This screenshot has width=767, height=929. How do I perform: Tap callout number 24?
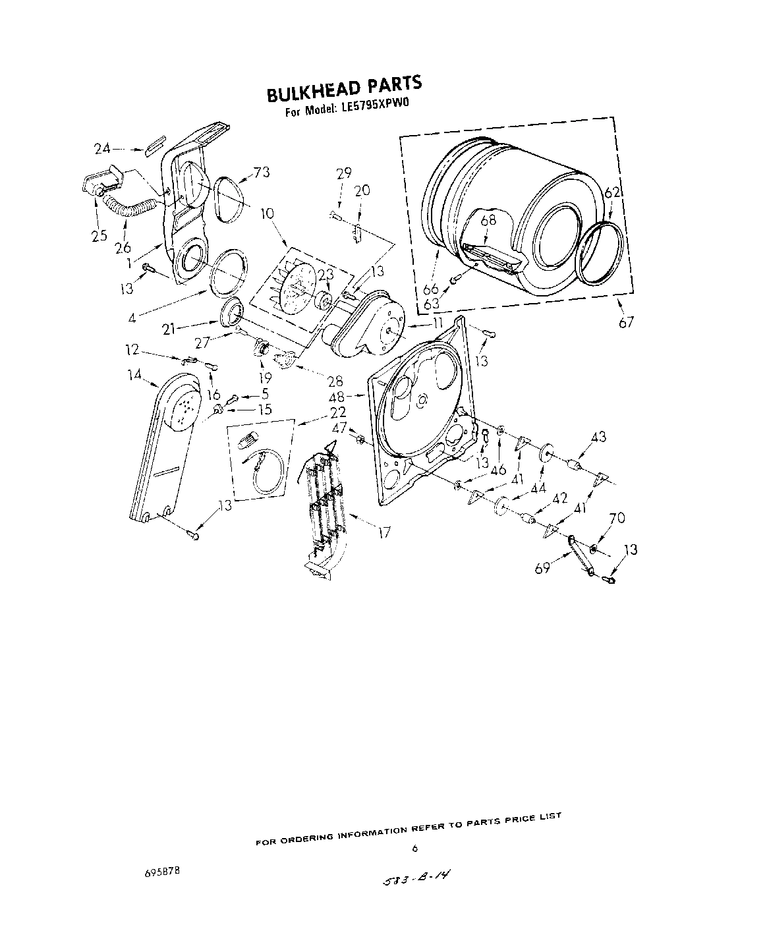coord(102,149)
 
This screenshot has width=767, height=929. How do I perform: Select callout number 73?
coord(262,173)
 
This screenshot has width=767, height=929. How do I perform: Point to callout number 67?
coord(626,322)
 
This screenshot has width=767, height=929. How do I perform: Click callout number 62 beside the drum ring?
coord(612,192)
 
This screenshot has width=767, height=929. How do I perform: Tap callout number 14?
coord(134,376)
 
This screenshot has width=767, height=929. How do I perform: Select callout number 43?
coord(598,437)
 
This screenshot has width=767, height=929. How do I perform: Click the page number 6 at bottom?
coord(414,849)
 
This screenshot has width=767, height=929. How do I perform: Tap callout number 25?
coord(99,235)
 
